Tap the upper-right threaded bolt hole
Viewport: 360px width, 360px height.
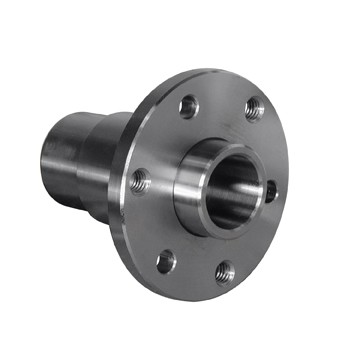coord(254,107)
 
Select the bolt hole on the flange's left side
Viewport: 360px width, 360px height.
coord(140,181)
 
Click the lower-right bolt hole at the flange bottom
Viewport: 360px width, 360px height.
coord(225,271)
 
